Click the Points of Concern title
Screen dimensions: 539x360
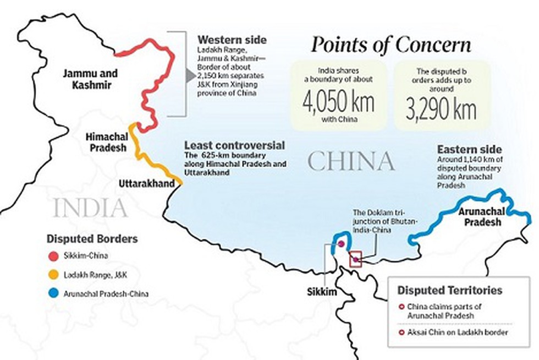tap(391, 45)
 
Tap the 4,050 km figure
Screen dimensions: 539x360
tap(338, 104)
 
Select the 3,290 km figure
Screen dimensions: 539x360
tap(442, 110)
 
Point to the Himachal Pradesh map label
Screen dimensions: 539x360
tap(107, 142)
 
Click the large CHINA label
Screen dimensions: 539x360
tap(351, 161)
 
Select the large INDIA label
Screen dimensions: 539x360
tap(91, 208)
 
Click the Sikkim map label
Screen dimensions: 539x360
tap(321, 291)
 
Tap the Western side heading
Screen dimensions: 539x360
tap(232, 40)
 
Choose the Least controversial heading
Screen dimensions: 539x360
tap(234, 145)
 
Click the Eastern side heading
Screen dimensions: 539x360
tap(469, 149)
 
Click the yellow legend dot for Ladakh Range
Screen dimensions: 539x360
tap(54, 274)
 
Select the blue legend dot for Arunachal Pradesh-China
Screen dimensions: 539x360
tap(54, 293)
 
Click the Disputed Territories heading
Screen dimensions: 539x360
tap(449, 290)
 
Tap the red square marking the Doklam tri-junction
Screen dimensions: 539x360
tap(356, 259)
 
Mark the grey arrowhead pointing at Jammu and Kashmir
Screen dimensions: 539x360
tap(190, 77)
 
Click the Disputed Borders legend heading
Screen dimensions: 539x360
tap(92, 239)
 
